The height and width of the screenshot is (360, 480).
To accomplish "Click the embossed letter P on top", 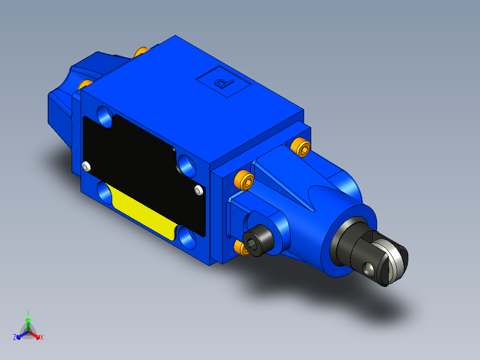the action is point(224,83).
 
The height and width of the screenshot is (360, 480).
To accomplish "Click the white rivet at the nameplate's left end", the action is point(87,166).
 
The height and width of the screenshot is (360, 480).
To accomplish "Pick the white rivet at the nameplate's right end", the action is point(199,190).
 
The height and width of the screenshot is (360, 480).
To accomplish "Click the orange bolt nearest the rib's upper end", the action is point(300,147).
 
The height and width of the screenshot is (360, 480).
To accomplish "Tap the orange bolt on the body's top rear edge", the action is point(142,52).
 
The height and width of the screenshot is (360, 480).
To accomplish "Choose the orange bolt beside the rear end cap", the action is point(85,84).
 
